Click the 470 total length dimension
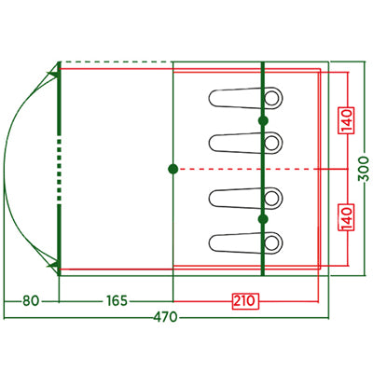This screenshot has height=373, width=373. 165,318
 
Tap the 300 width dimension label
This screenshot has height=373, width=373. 364,169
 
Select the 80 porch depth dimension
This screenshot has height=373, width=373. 31,301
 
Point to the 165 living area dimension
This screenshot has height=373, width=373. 117,301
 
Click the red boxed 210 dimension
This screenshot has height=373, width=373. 245,301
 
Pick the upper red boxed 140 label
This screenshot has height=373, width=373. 346,120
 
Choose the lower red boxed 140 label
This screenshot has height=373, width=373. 346,217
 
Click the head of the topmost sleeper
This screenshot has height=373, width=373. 272,98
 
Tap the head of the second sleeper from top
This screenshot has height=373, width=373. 272,143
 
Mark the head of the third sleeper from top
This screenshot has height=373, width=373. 272,199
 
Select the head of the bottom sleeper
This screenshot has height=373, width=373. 272,242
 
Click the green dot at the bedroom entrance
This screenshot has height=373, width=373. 173,169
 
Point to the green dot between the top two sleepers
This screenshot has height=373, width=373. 263,120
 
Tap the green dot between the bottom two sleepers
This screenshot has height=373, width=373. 263,219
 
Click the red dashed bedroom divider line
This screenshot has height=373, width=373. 250,169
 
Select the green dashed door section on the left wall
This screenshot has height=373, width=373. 60,169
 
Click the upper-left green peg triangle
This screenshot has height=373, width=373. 53,75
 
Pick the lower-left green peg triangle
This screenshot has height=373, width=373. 53,265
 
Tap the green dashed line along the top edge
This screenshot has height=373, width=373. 117,62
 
